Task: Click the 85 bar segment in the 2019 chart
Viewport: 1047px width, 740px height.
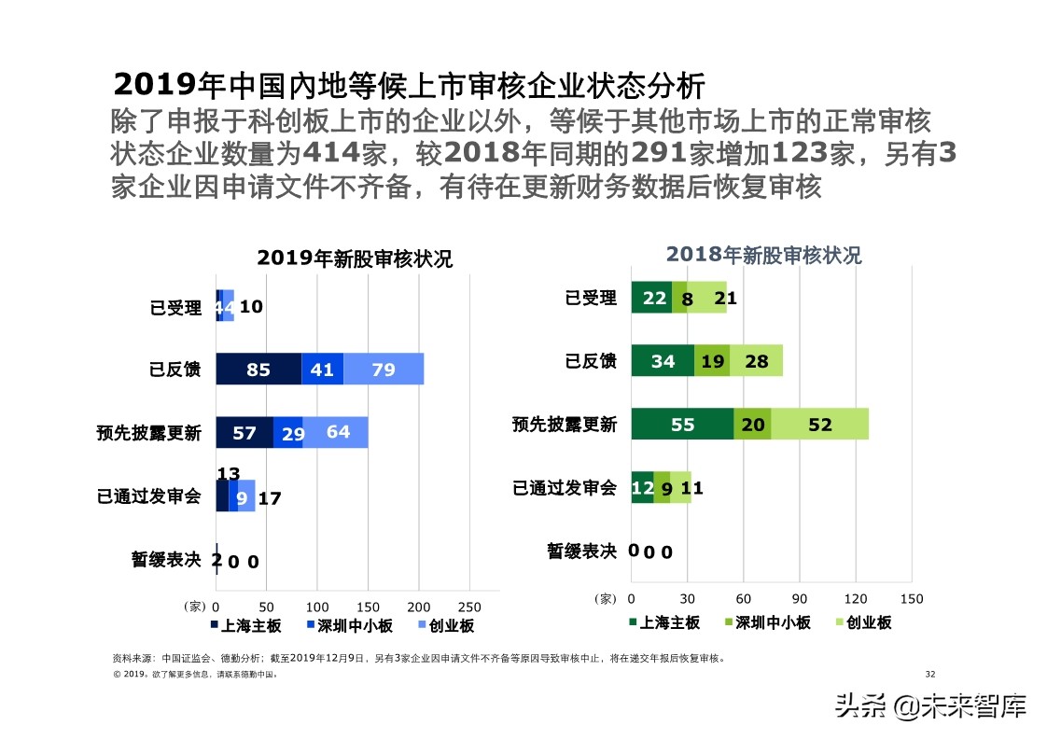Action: pyautogui.click(x=258, y=370)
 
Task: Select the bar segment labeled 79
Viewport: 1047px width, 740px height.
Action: pyautogui.click(x=384, y=370)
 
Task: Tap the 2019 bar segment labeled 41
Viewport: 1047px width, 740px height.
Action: pyautogui.click(x=322, y=370)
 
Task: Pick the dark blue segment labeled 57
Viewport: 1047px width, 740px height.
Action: pyautogui.click(x=244, y=433)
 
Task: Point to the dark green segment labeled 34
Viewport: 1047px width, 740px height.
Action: pyautogui.click(x=663, y=361)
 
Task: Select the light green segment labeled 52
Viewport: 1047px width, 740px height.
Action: pyautogui.click(x=820, y=425)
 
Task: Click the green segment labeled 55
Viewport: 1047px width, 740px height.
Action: pyautogui.click(x=682, y=425)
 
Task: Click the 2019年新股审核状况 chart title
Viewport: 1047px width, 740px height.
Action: pyautogui.click(x=355, y=258)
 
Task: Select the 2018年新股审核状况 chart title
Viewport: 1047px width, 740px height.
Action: pyautogui.click(x=763, y=255)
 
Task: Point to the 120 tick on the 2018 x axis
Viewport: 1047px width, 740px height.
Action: pyautogui.click(x=856, y=599)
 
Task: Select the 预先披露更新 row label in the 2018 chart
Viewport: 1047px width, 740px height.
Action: pyautogui.click(x=565, y=425)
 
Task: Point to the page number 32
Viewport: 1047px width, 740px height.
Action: pyautogui.click(x=929, y=674)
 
